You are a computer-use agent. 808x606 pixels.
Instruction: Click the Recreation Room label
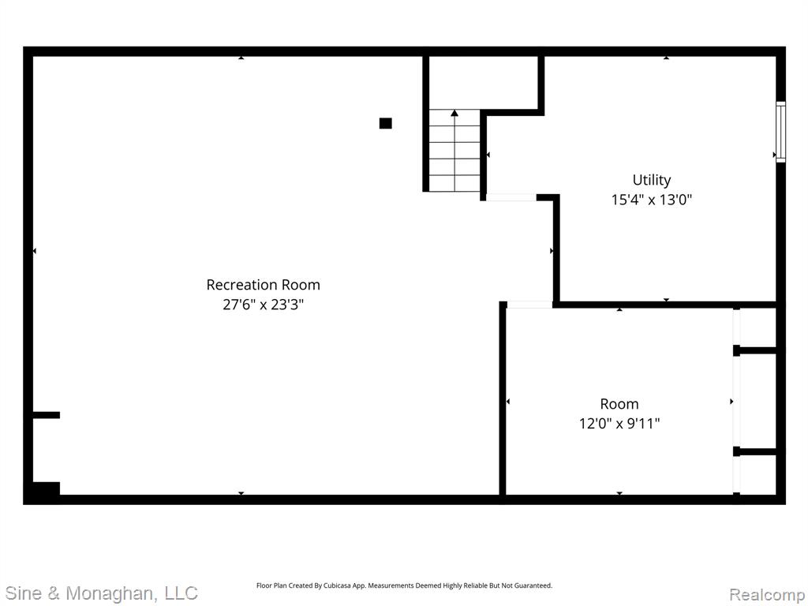click(263, 285)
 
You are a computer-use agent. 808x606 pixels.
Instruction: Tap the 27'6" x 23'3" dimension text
click(263, 305)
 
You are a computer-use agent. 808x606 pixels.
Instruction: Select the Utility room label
click(651, 181)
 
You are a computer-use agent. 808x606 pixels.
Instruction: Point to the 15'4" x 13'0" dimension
click(651, 200)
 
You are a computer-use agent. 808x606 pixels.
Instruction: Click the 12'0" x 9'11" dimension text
click(619, 424)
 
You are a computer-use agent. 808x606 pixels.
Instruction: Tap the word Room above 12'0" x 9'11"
click(619, 404)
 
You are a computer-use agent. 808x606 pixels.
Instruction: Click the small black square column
click(385, 123)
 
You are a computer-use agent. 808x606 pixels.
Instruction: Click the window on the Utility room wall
click(780, 132)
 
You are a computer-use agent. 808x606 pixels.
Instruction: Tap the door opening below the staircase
click(511, 197)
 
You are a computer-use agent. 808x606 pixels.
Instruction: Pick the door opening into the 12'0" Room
click(529, 305)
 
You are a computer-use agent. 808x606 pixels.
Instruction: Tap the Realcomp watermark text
click(767, 594)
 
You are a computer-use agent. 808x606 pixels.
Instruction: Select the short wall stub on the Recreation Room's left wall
click(47, 415)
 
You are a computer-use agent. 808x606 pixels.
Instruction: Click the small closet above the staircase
click(484, 82)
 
